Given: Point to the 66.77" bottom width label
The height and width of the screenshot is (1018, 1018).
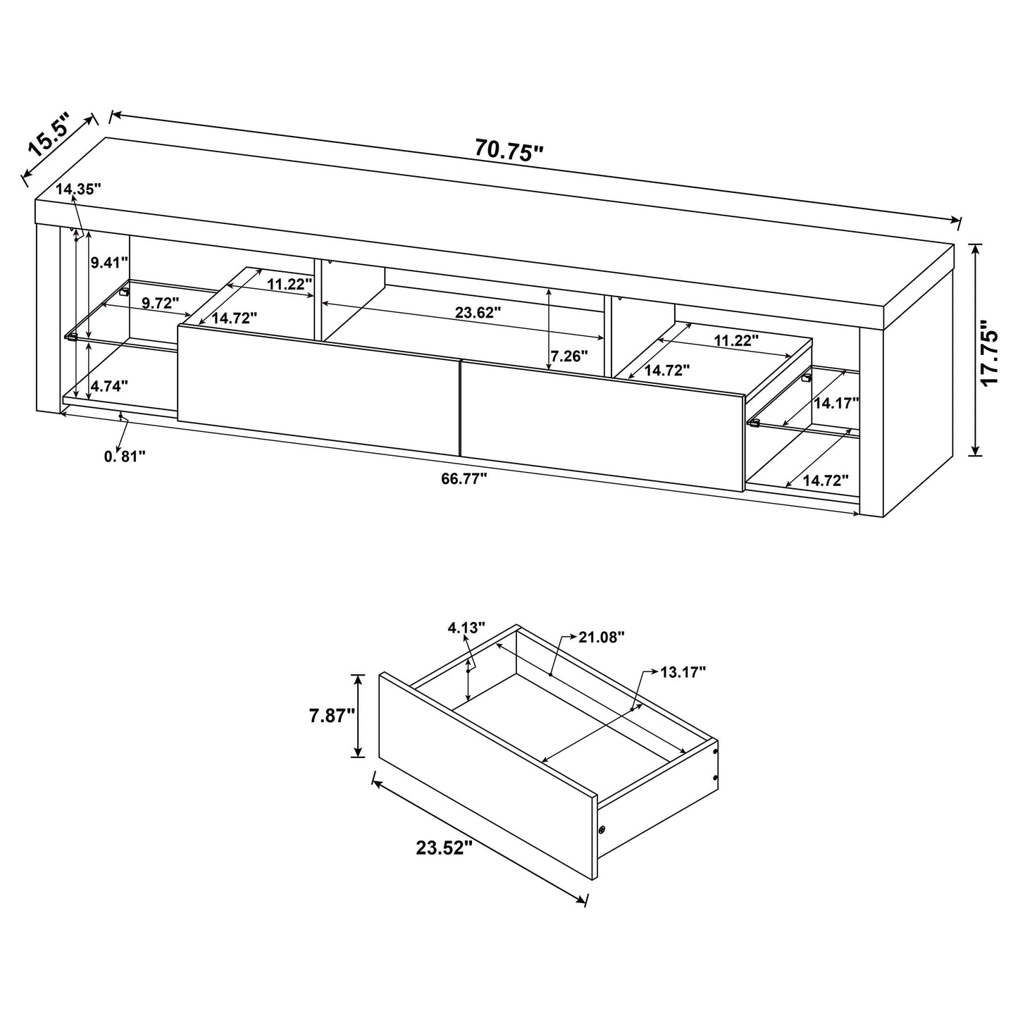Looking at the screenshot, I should point(464,479).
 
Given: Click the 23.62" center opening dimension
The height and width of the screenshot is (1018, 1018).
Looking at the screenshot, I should point(478,312).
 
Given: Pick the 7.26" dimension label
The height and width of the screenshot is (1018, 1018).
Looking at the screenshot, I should point(569,356).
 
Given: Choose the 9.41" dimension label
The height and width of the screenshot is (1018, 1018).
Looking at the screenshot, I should point(109,263).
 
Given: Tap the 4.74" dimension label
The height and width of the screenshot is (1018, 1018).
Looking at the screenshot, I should point(109,386).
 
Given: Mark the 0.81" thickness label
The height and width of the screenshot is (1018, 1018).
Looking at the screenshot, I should point(125,457).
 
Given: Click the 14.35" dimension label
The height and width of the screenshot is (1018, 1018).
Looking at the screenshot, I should point(79,188).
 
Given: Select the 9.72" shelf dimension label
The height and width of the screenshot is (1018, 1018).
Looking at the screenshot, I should point(161,302).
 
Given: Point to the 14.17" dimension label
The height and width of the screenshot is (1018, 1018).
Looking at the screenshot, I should point(836,403).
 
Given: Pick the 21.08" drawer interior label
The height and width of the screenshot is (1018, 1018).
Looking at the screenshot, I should point(602,638).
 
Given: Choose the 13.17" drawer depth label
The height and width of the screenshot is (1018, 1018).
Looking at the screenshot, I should point(683,672).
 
